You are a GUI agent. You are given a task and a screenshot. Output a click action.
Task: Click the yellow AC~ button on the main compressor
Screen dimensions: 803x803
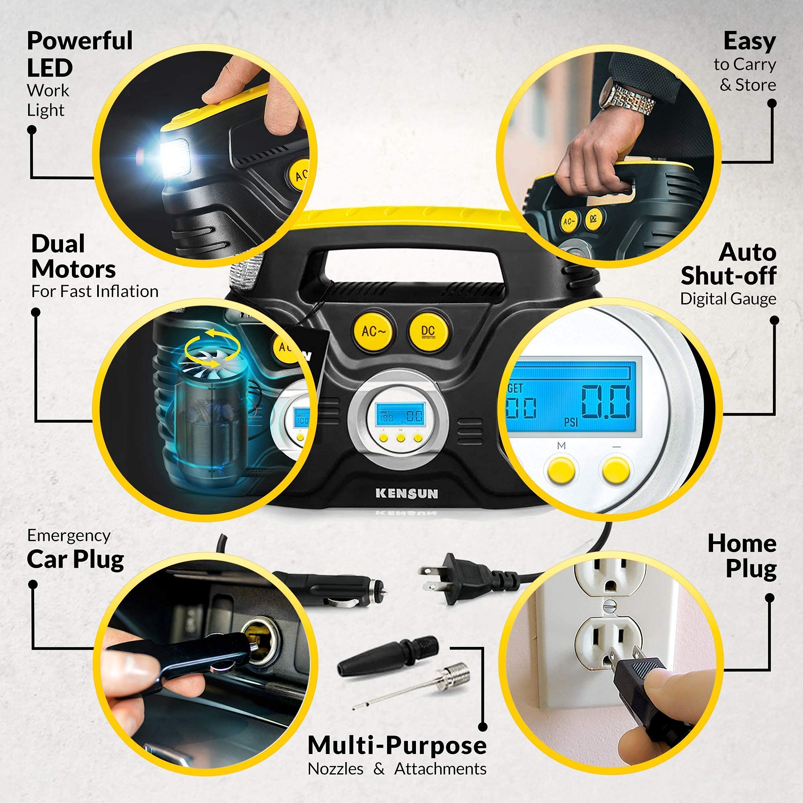tap(373, 331)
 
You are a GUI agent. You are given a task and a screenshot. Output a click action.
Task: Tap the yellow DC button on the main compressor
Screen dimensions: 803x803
tap(428, 331)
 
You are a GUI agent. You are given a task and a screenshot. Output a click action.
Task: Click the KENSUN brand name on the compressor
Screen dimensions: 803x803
tap(406, 494)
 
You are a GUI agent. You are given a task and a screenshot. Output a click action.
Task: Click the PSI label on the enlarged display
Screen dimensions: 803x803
tap(571, 422)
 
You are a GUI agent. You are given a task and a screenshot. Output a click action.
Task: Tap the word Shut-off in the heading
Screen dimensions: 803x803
tap(728, 275)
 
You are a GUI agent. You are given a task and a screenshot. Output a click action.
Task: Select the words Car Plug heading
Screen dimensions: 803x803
tap(75, 559)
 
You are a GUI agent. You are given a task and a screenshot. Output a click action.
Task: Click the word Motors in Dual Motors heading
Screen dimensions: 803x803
tap(73, 270)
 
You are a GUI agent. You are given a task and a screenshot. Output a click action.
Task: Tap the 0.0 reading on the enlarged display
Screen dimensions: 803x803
tap(605, 401)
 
